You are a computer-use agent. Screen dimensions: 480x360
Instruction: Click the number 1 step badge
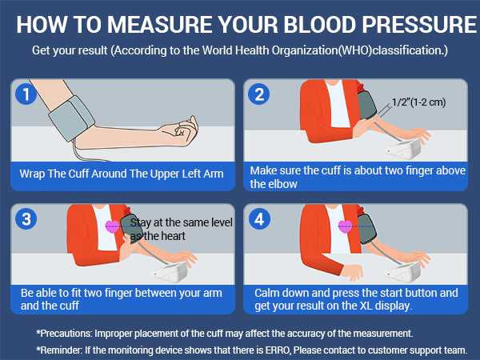click(26, 94)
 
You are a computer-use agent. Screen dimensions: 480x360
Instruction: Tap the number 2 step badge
click(259, 94)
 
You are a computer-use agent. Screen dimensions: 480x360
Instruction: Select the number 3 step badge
click(26, 218)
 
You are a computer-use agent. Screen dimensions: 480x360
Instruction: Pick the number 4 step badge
click(259, 218)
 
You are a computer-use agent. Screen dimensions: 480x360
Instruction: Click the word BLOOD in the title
click(320, 25)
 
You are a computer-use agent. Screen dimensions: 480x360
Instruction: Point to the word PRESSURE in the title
click(419, 25)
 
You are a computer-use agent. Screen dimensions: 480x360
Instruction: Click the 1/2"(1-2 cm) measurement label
click(418, 102)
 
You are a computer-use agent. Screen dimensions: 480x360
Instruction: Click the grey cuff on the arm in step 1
click(71, 118)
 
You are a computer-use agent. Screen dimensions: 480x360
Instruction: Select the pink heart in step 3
click(112, 226)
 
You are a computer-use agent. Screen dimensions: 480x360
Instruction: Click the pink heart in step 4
click(346, 226)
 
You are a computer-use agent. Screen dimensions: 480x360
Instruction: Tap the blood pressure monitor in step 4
click(403, 272)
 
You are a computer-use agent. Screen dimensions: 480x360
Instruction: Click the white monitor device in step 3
click(170, 271)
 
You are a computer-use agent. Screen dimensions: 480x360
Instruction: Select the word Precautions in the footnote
click(66, 333)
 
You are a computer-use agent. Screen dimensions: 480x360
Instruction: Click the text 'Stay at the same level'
click(182, 222)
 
